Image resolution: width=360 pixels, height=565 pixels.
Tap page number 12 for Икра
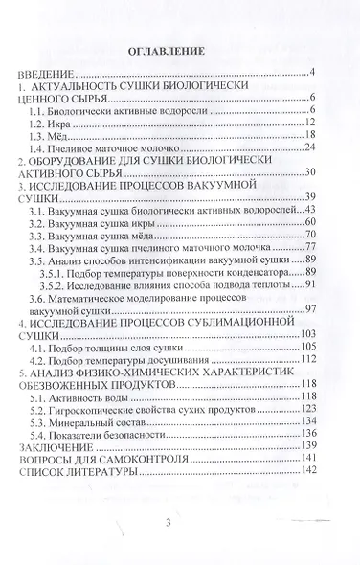pyautogui.click(x=309, y=122)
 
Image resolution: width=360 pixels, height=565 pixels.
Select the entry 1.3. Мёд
pyautogui.click(x=59, y=135)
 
